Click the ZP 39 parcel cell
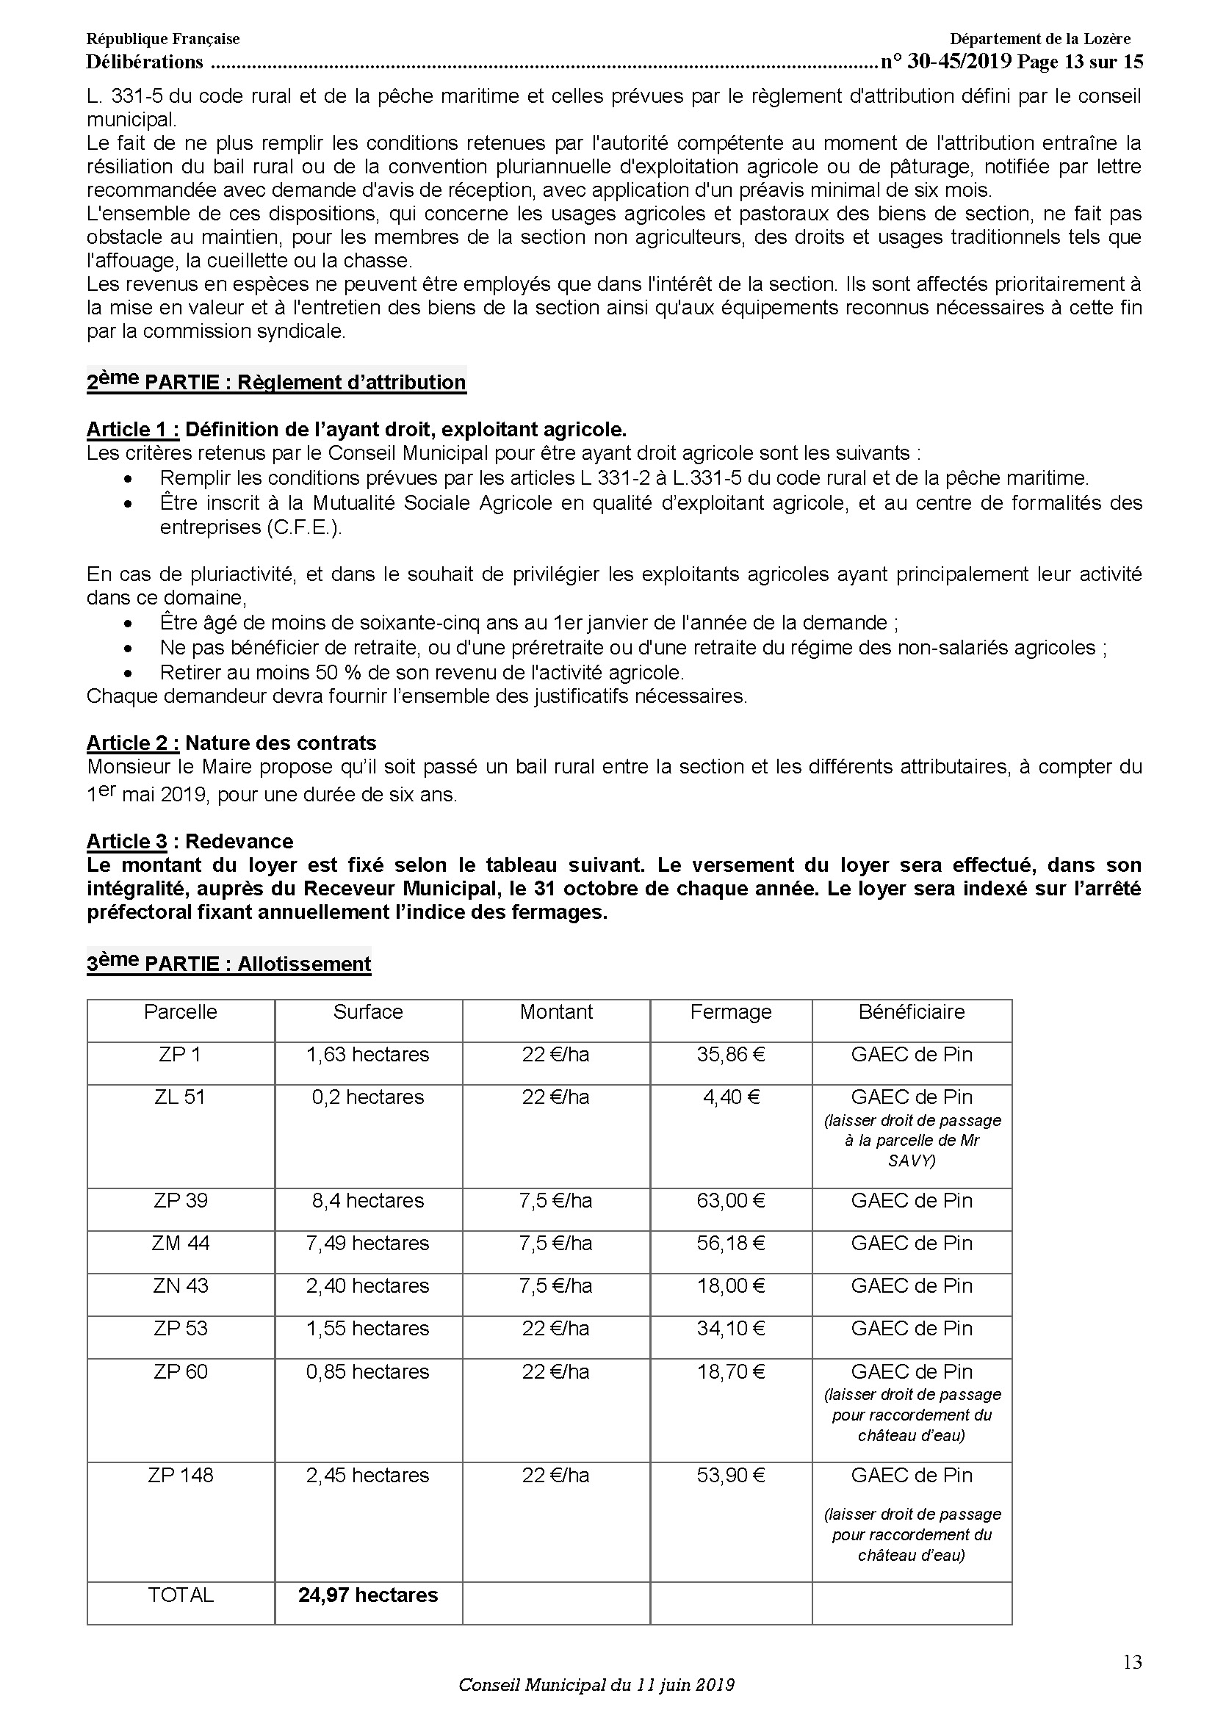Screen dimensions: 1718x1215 coord(180,1201)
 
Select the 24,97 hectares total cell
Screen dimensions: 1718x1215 coord(368,1595)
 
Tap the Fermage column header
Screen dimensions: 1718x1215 coord(730,1012)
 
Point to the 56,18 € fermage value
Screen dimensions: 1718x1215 coord(730,1244)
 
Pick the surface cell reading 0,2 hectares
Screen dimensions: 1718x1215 coord(368,1097)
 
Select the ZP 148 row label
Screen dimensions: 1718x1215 coord(180,1476)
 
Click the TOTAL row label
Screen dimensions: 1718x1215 coord(180,1595)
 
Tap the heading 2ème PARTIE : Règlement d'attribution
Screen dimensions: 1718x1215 coord(276,382)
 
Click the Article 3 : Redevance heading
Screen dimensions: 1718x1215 coord(190,841)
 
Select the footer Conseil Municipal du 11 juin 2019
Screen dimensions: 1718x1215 coord(596,1685)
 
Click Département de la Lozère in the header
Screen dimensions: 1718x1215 coord(1040,39)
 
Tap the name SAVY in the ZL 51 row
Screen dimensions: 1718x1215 coord(911,1161)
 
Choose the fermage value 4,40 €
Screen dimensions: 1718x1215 coord(730,1097)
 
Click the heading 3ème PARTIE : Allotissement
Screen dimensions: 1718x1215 coord(229,963)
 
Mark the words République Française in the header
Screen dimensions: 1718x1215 coord(163,39)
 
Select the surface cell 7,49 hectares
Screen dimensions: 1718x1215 coord(368,1244)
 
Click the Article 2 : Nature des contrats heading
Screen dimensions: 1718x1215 coord(232,743)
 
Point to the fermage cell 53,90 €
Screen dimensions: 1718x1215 coord(730,1476)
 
